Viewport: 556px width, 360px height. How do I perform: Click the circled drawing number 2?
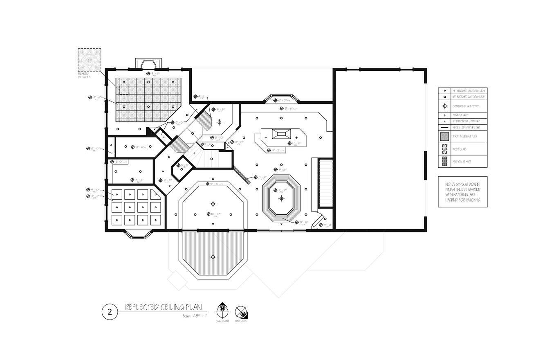point(110,312)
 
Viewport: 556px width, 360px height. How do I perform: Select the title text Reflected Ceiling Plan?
point(163,307)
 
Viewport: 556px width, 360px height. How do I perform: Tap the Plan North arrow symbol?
point(222,310)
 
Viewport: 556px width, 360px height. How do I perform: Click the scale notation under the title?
point(195,316)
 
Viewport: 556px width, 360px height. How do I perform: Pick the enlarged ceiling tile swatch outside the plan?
point(90,60)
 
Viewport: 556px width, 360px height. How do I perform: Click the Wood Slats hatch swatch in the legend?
point(444,149)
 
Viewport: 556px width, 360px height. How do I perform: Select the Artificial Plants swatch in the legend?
point(444,162)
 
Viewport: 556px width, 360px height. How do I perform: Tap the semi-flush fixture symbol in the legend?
point(445,106)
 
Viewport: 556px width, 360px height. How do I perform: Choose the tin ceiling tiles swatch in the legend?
point(444,136)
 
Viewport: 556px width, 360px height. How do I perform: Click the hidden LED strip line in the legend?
point(445,128)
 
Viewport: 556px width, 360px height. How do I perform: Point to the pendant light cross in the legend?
point(445,115)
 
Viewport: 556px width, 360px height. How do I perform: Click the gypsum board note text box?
point(462,191)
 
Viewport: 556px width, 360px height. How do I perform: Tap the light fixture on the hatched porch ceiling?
point(213,257)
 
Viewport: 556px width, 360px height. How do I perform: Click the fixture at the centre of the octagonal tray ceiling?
point(281,198)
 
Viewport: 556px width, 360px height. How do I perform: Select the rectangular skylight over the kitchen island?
point(280,133)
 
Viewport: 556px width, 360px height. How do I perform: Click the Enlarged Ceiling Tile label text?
point(84,75)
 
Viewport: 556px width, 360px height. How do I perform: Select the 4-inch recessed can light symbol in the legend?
point(445,91)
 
